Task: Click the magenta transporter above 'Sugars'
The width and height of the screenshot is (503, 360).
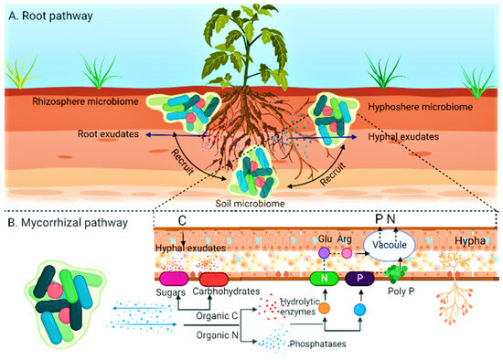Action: [175, 278]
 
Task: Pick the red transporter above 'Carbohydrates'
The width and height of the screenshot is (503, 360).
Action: [213, 278]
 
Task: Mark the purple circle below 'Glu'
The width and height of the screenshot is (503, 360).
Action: [322, 251]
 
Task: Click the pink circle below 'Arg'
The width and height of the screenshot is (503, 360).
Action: [347, 252]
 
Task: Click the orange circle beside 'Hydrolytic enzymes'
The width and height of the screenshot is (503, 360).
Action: [325, 309]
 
